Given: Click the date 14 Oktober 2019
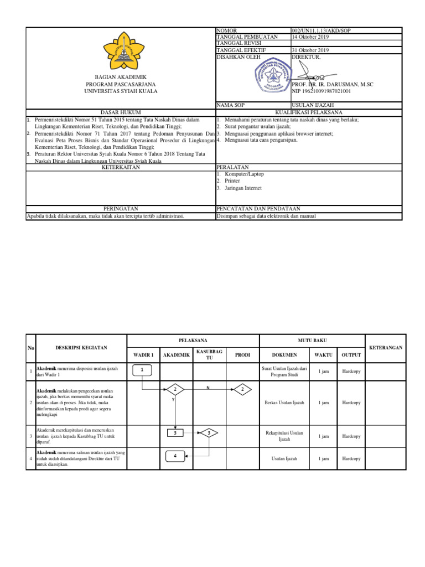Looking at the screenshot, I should click(x=310, y=37).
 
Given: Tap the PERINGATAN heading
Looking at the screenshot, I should click(x=121, y=209).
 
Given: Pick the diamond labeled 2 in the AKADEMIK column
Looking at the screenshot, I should click(x=175, y=390).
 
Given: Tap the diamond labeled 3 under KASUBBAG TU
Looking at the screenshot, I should click(x=209, y=432).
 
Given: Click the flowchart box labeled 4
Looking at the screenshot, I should click(x=175, y=456).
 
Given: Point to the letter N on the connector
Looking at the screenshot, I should click(x=208, y=387).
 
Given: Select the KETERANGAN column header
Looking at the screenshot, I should click(x=386, y=348).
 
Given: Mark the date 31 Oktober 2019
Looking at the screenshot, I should click(x=310, y=50).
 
